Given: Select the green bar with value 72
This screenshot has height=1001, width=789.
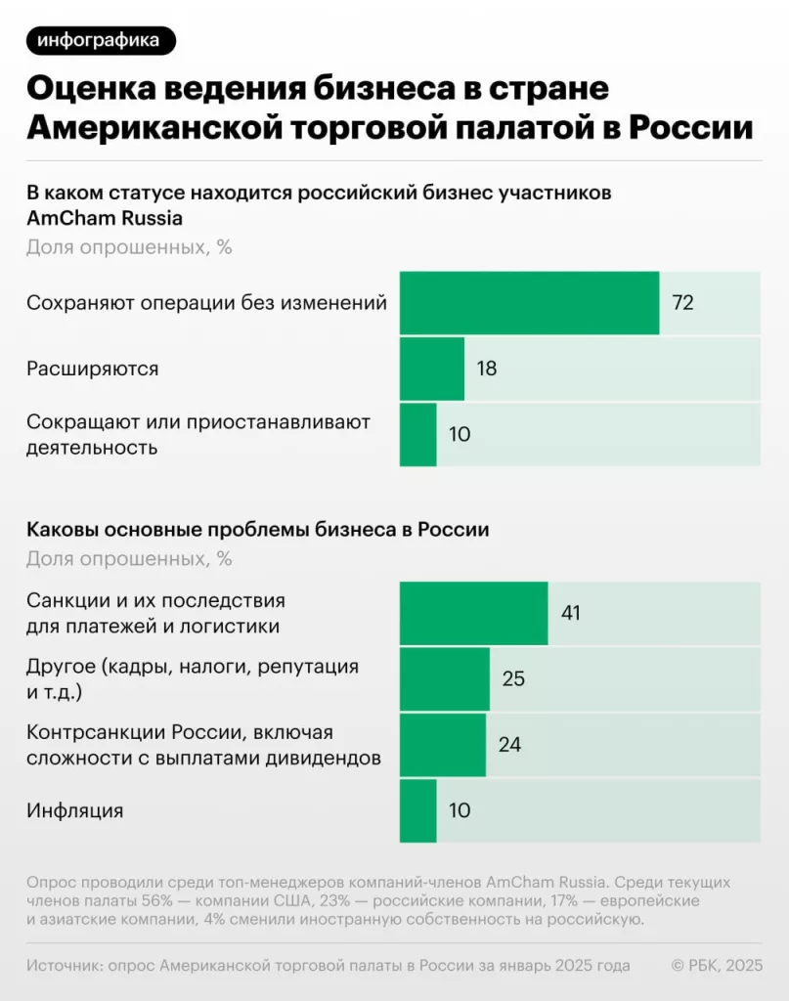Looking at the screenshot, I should pos(529,303).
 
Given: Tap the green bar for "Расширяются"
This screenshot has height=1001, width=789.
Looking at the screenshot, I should pos(431,369).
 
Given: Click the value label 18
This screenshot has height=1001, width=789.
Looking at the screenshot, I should pos(487,369).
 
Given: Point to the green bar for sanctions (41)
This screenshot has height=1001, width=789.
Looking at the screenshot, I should pos(473,613).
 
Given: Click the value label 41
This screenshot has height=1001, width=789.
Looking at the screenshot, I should pos(572,613).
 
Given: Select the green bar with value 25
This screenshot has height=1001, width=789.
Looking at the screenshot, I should pos(444,678).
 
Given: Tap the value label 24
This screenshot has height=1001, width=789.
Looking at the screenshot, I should pos(509,744).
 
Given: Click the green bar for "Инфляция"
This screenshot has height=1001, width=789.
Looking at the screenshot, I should pos(418,810).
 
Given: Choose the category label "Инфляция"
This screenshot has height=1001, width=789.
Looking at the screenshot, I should pos(74,810).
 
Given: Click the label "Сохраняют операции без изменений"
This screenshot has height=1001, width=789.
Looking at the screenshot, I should pos(206,303).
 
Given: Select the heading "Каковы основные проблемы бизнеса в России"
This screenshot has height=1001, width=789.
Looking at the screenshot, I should pos(257,530).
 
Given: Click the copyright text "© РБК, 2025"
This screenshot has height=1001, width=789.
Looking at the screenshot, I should pos(716,966).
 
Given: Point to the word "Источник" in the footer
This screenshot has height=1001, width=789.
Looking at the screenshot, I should pos(66,966).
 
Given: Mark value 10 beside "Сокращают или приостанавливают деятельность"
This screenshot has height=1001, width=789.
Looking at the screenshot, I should pos(460,434).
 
